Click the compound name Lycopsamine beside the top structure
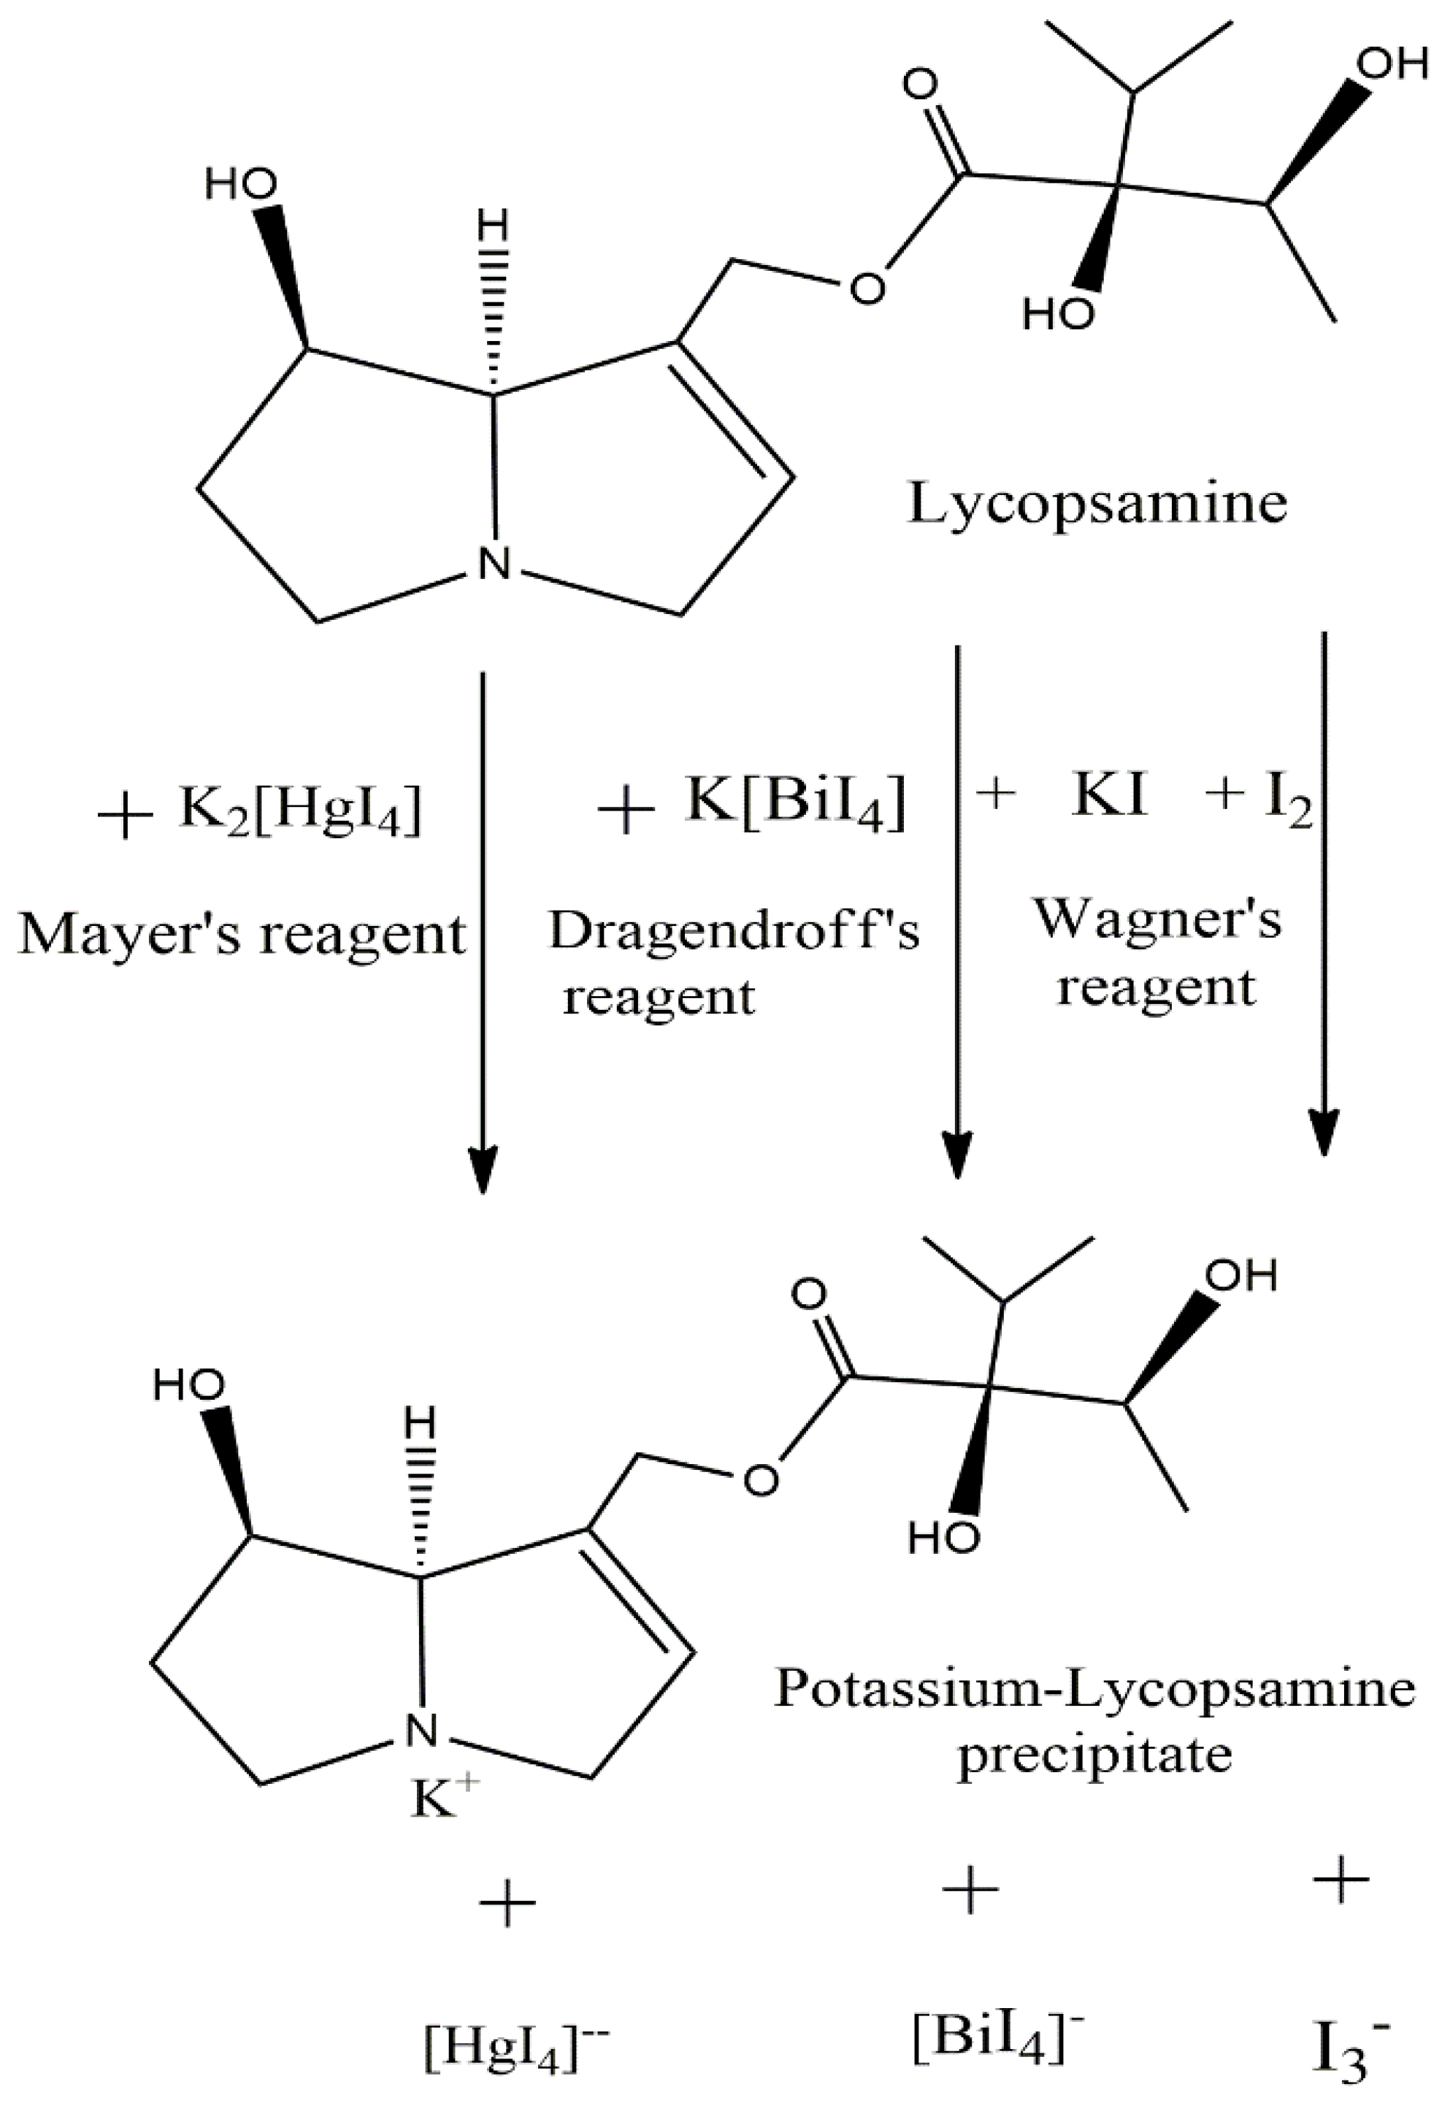click(1097, 504)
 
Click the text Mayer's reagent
click(242, 933)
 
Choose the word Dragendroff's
click(734, 932)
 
